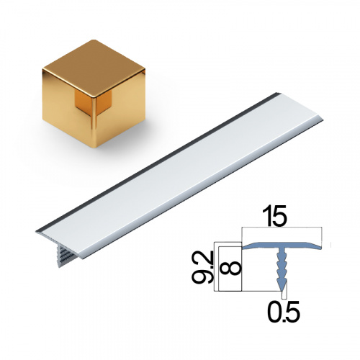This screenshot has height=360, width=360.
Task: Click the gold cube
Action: (94, 94)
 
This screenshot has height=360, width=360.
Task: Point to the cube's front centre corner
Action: (93, 97)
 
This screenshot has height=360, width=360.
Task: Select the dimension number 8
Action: (232, 268)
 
